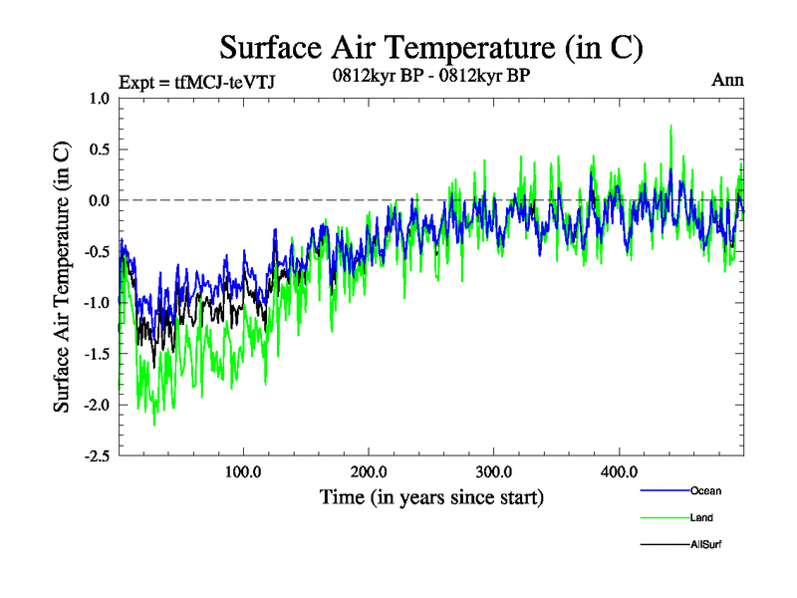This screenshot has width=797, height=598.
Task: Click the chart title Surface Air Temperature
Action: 431,47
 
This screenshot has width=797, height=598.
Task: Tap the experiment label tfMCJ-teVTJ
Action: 196,82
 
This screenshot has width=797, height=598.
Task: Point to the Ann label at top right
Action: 727,81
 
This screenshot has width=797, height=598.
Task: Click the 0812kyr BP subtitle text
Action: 430,74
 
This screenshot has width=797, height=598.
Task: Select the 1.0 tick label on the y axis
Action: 99,99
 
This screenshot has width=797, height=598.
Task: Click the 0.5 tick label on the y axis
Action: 99,149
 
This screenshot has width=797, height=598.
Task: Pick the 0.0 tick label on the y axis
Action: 99,200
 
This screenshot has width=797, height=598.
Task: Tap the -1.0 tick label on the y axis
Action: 97,302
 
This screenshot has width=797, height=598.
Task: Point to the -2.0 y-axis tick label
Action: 97,405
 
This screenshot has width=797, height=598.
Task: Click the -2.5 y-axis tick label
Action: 97,455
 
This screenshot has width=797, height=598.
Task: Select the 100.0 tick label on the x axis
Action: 243,471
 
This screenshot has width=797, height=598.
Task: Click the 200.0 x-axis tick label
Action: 369,471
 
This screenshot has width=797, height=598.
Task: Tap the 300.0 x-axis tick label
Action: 494,471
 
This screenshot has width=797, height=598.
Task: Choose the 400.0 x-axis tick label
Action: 620,471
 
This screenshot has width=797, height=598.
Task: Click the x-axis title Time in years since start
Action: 431,496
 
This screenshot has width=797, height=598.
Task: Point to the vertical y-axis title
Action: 62,277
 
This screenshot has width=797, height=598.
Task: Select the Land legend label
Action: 701,518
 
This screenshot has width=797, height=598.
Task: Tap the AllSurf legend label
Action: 705,544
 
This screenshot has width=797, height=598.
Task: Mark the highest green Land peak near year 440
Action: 671,127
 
